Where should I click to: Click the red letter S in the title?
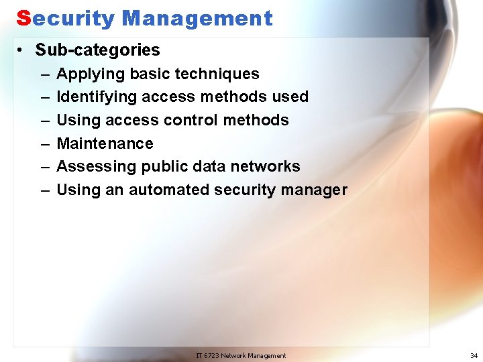pos(23,18)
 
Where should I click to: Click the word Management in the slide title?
pos(197,18)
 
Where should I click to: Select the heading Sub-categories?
pos(98,50)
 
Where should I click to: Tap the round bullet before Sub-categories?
pos(22,50)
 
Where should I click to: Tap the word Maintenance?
pos(105,143)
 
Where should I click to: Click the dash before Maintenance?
pos(44,143)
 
